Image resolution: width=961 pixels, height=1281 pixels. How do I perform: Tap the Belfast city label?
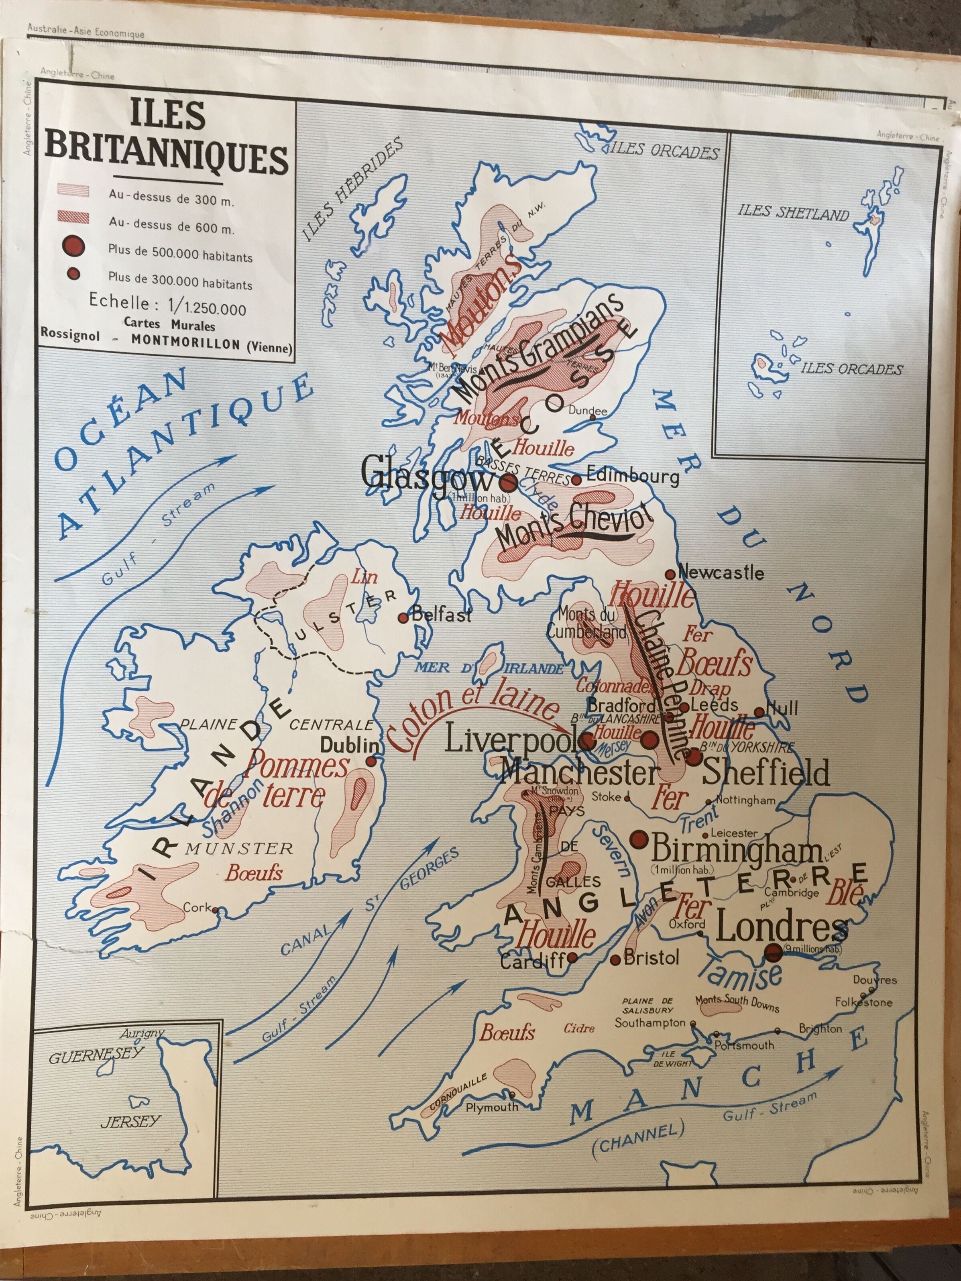[441, 615]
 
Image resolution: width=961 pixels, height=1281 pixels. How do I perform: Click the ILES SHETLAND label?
[793, 213]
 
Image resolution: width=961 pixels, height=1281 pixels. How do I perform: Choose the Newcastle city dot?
[670, 574]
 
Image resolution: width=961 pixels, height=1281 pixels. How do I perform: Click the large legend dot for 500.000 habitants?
[73, 247]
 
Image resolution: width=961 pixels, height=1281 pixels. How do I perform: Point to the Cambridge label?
[791, 892]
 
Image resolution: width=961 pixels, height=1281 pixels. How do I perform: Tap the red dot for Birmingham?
[639, 839]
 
